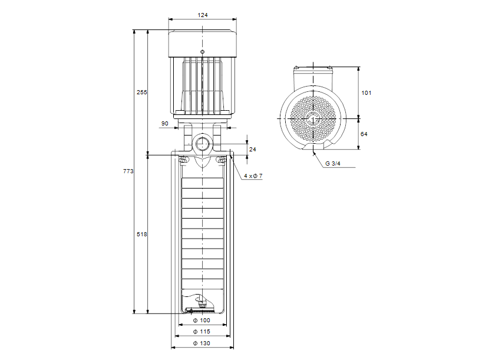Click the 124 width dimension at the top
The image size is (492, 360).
[x=202, y=15]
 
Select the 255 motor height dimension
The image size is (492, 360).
[x=141, y=93]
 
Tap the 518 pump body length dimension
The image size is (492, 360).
[x=141, y=235]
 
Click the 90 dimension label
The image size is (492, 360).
[x=164, y=124]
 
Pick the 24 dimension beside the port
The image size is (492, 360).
[x=253, y=150]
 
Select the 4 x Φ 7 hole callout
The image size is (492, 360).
[x=253, y=176]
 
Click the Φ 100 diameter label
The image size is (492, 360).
[x=202, y=321]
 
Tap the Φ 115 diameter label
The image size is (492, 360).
[x=202, y=332]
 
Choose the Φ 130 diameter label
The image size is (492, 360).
[x=202, y=343]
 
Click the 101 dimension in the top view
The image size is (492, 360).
[x=366, y=93]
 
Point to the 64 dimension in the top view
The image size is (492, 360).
[x=364, y=134]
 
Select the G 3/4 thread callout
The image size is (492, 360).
[x=332, y=163]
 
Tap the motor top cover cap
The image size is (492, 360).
[x=203, y=42]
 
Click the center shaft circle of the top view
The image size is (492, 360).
[x=313, y=118]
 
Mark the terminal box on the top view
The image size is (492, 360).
[x=313, y=76]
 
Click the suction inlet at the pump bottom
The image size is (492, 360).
[x=202, y=308]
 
